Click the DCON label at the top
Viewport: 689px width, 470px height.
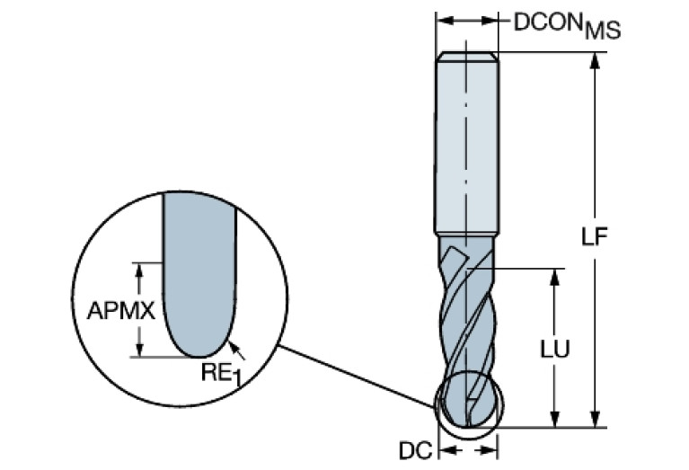point(547,22)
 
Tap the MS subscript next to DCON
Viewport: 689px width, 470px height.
point(601,31)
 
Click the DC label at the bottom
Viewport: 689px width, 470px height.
point(413,448)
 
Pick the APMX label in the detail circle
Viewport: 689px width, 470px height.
point(122,311)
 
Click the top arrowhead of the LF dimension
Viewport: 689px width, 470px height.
point(595,61)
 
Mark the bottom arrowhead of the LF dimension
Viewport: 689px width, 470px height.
point(595,421)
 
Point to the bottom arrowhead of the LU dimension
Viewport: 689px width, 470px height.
point(557,421)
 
